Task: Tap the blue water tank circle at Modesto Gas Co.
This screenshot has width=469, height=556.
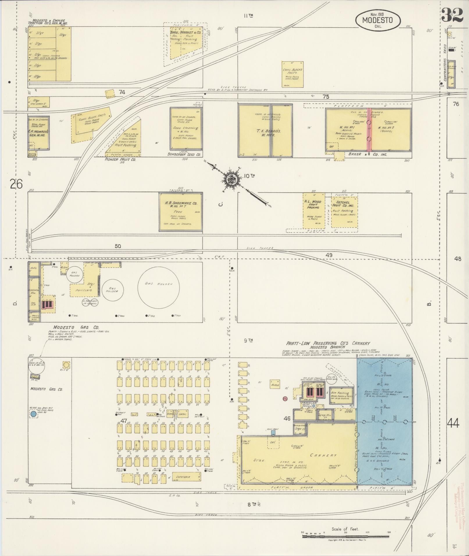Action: (33, 414)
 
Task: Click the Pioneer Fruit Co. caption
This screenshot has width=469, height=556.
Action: (120, 159)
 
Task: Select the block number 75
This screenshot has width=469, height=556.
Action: (326, 97)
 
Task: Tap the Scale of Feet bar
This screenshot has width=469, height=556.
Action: (345, 535)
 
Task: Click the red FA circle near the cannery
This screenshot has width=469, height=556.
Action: (285, 399)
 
